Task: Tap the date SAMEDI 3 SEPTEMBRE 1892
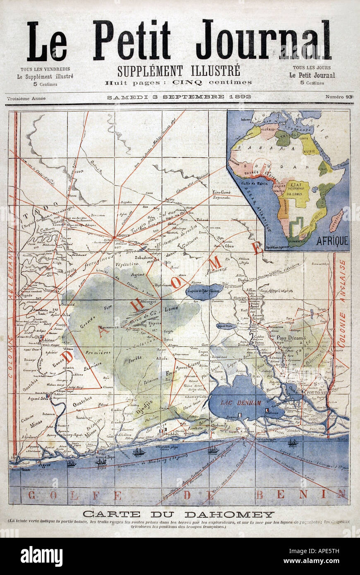click(x=179, y=97)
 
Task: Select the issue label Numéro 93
click(x=338, y=97)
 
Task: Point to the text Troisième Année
click(x=26, y=98)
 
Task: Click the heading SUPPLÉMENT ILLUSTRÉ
click(x=178, y=71)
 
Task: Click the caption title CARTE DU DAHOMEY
click(x=178, y=514)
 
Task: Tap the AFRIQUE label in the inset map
click(x=332, y=241)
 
